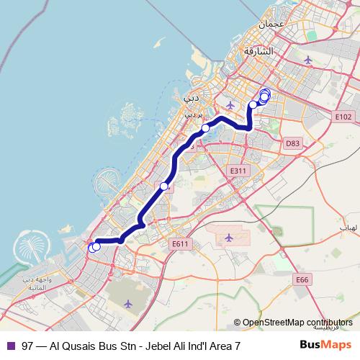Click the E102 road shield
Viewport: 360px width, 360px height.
(343, 117)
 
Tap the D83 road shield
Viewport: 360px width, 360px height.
(292, 143)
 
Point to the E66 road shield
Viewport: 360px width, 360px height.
(302, 279)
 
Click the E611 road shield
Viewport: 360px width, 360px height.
(180, 244)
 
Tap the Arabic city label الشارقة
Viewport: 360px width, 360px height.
(259, 52)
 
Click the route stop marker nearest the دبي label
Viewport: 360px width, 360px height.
(206, 128)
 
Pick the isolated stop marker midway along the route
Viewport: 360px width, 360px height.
(164, 186)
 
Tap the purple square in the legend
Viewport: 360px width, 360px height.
(11, 346)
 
